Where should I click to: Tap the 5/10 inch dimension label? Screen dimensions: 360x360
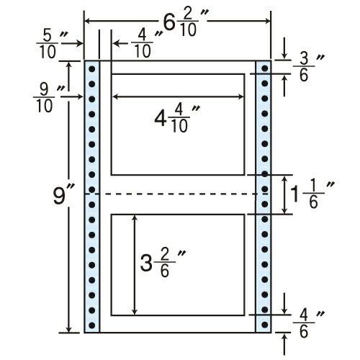[x=51, y=44]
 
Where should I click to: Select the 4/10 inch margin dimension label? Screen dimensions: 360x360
[x=146, y=44]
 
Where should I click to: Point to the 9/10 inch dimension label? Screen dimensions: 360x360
[x=48, y=99]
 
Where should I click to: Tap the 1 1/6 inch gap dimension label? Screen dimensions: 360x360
[x=312, y=194]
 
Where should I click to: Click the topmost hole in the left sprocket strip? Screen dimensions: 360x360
[x=91, y=69]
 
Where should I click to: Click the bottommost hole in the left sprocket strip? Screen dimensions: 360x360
[x=91, y=325]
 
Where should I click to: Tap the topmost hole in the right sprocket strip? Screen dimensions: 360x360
[x=264, y=68]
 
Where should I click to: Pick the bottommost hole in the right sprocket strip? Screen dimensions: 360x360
[x=264, y=325]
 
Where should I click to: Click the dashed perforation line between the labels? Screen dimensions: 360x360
[x=178, y=194]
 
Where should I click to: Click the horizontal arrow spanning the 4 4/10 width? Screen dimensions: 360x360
[x=178, y=97]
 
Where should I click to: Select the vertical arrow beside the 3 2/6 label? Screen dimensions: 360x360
[x=135, y=265]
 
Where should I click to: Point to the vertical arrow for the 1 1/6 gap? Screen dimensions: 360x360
[x=284, y=194]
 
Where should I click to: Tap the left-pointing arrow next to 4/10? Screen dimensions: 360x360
[x=120, y=44]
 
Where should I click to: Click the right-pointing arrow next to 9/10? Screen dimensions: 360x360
[x=71, y=97]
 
